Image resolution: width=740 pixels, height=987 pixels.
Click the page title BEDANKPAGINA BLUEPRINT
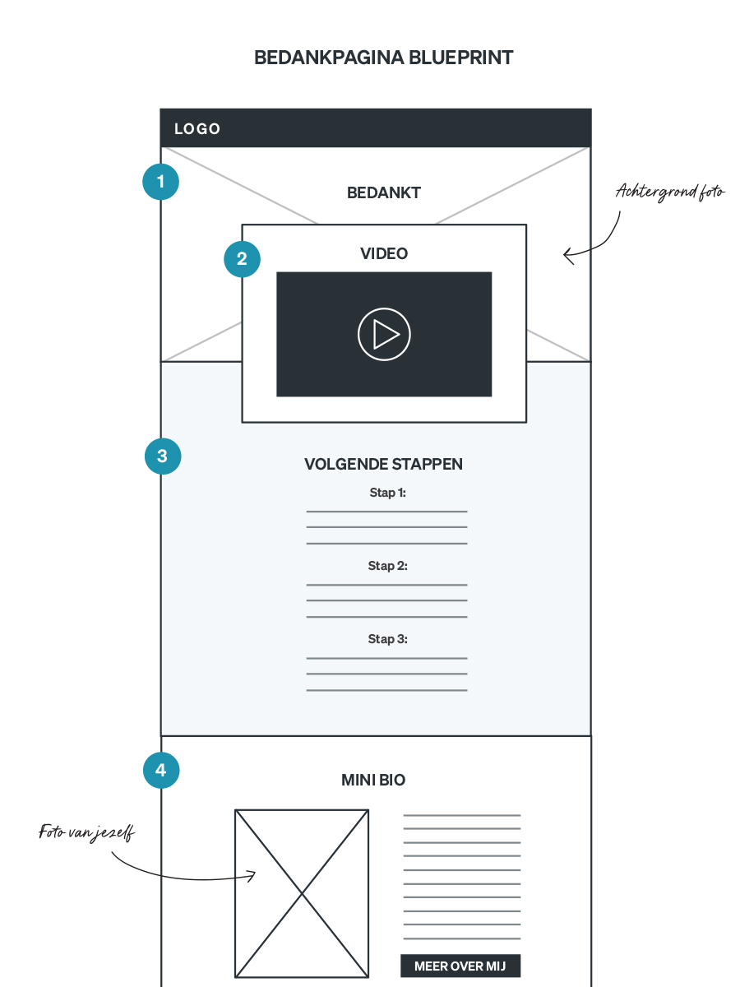(384, 58)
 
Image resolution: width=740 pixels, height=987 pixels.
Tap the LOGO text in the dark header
(197, 129)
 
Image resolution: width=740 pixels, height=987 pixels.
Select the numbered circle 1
(160, 182)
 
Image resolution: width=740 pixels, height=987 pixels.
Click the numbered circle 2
(242, 258)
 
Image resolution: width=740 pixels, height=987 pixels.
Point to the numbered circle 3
(162, 456)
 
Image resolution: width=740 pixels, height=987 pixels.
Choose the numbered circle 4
(161, 771)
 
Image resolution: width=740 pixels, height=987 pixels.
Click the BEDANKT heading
(384, 193)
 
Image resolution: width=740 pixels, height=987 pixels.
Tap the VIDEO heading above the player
(384, 254)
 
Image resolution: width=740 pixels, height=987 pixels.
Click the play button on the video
(384, 334)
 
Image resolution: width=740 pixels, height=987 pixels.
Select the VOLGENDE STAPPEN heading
(383, 465)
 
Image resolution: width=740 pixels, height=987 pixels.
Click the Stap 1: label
(387, 493)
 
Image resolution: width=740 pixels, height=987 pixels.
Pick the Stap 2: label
(387, 566)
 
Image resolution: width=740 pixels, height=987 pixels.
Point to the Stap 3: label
(387, 639)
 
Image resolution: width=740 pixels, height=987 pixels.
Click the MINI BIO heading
(373, 781)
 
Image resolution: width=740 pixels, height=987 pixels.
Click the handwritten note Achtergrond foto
(670, 192)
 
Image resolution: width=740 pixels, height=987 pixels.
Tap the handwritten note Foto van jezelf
(86, 832)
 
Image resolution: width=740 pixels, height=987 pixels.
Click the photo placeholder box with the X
(302, 893)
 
